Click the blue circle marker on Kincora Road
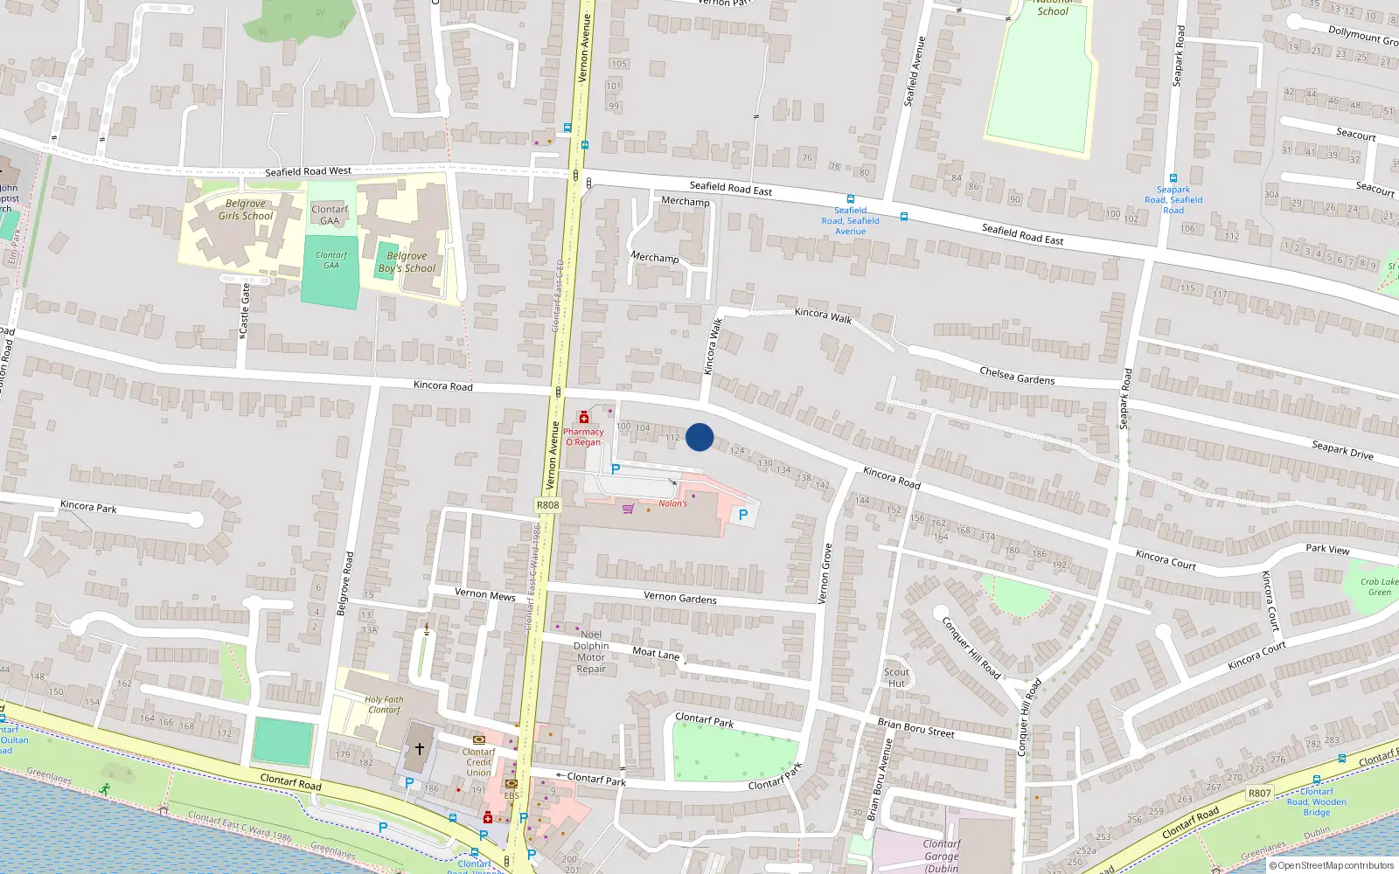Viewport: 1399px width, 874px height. pyautogui.click(x=699, y=437)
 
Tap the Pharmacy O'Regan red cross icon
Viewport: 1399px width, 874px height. pyautogui.click(x=584, y=418)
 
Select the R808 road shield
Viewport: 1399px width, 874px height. pyautogui.click(x=547, y=505)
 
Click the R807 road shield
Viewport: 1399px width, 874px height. pyautogui.click(x=1259, y=794)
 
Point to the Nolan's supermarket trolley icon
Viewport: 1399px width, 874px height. pyautogui.click(x=628, y=509)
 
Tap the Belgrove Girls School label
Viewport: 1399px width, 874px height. pyautogui.click(x=246, y=210)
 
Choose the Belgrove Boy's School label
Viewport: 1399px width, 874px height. pyautogui.click(x=407, y=262)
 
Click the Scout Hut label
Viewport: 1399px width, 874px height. pyautogui.click(x=896, y=677)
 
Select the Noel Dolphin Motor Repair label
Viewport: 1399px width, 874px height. pyautogui.click(x=591, y=652)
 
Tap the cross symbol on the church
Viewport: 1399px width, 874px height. pyautogui.click(x=420, y=749)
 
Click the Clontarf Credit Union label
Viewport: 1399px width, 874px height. pyautogui.click(x=478, y=762)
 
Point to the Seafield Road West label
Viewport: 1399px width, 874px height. pyautogui.click(x=308, y=171)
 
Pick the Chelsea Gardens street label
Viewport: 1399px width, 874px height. pyautogui.click(x=1017, y=376)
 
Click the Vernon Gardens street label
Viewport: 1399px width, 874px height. pyautogui.click(x=679, y=598)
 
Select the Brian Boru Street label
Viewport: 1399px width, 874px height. pyautogui.click(x=915, y=727)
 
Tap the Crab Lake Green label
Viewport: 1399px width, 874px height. pyautogui.click(x=1379, y=586)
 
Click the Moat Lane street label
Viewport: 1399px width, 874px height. pyautogui.click(x=656, y=653)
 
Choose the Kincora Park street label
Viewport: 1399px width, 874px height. pyautogui.click(x=88, y=506)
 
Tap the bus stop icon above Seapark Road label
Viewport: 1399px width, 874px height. pyautogui.click(x=1173, y=178)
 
